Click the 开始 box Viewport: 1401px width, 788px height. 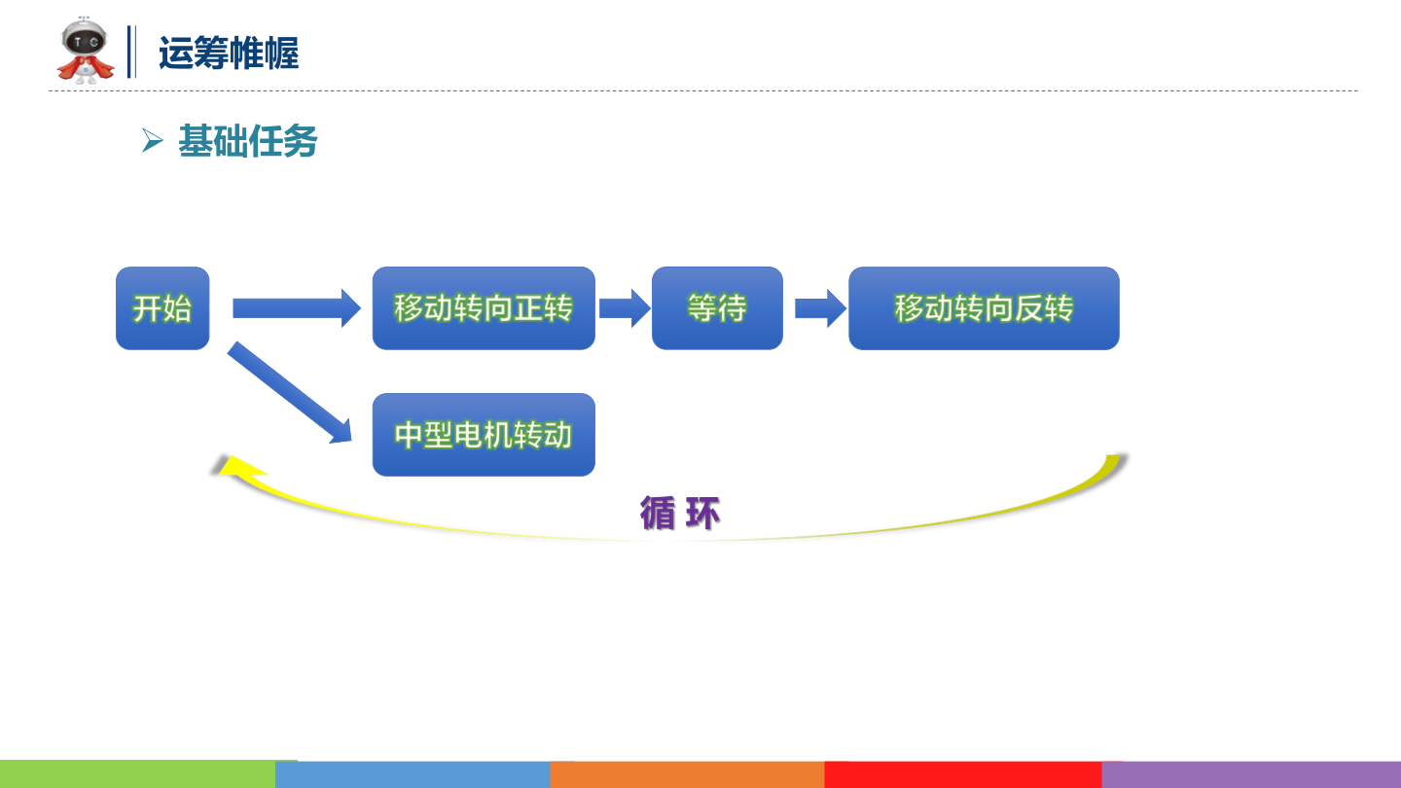click(x=162, y=308)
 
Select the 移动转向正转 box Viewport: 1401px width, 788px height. click(x=484, y=308)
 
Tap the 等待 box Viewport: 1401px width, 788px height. click(x=717, y=308)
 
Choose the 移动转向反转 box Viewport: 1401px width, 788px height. click(x=984, y=308)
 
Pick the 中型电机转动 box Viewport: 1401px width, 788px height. click(x=484, y=435)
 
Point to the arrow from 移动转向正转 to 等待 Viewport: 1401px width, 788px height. click(x=624, y=308)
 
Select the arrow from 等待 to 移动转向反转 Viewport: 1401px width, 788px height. click(x=820, y=308)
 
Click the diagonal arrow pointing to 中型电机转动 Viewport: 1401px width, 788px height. click(x=289, y=392)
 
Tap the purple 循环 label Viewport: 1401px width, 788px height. click(x=680, y=513)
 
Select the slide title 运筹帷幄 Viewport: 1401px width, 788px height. click(x=228, y=54)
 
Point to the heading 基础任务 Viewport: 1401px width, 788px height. click(x=248, y=142)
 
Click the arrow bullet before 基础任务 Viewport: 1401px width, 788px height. click(x=152, y=141)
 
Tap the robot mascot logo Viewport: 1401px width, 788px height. click(x=86, y=51)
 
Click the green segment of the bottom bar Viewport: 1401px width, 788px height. click(x=137, y=774)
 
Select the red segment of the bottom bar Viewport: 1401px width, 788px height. click(x=962, y=774)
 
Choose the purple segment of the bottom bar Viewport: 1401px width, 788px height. click(x=1251, y=774)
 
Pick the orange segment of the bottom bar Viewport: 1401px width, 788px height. click(x=687, y=774)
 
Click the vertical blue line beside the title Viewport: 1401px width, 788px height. click(x=131, y=52)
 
